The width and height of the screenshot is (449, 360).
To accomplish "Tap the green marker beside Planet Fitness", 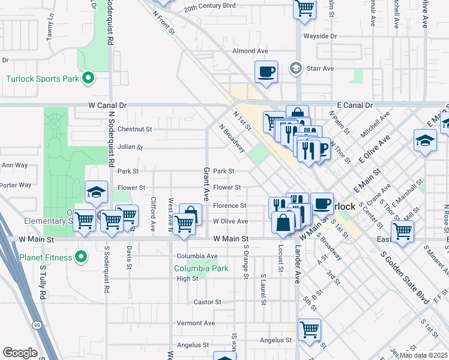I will pos(82,258).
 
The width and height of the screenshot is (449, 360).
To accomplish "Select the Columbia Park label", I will pos(201,268).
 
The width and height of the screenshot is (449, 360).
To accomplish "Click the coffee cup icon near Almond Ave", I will pos(266,72).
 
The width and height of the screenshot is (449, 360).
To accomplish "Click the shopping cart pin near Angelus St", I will pos(309,329).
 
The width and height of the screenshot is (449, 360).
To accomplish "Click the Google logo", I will pos(19,353).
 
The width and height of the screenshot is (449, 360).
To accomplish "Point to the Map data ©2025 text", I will pos(423,355).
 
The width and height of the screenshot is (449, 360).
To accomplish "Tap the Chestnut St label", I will pos(135,129).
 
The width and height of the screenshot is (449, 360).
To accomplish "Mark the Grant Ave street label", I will pos(206,184).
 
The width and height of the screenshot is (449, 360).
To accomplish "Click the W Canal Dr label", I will pos(109,105).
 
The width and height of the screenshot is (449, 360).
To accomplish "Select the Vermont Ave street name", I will pos(196,323).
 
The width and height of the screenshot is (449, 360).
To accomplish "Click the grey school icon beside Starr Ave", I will pos(295,68).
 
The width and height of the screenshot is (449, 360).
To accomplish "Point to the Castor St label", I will pos(207,302).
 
